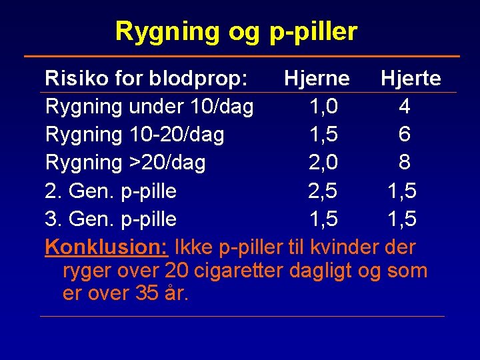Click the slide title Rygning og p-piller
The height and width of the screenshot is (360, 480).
coord(236,31)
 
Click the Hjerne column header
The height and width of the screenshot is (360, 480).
coord(316,79)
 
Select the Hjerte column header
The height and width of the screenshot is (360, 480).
coord(410,79)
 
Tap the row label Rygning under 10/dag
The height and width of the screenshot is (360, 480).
coord(149,107)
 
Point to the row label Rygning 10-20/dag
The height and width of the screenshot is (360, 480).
coord(135,135)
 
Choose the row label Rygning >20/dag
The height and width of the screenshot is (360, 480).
coord(125,163)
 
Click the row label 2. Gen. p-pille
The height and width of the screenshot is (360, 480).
coord(111,191)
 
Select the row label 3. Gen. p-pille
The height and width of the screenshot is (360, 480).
coord(111,219)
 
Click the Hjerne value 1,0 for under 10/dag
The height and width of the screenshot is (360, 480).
coord(323,107)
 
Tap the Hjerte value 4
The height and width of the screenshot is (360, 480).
coord(404,107)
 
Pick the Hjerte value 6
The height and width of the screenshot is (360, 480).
coord(404,135)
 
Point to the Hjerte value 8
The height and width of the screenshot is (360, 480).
coord(404,163)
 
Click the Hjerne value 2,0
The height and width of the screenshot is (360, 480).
coord(323,163)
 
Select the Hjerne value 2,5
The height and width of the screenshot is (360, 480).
coord(323,191)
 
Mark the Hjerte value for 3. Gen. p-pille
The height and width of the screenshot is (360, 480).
coord(402,219)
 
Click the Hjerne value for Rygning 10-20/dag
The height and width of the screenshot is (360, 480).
coord(323,135)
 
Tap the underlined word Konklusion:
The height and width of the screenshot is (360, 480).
coord(106,247)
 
